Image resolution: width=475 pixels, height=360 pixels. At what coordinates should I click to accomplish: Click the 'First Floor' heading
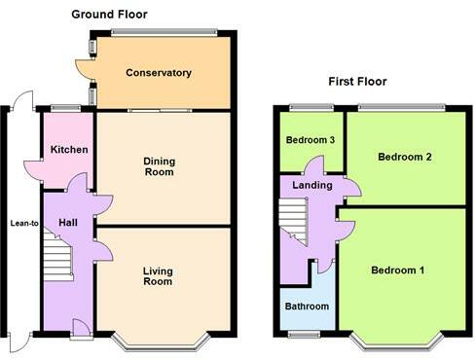click(x=359, y=82)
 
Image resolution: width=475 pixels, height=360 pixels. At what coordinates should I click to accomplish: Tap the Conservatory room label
click(x=159, y=73)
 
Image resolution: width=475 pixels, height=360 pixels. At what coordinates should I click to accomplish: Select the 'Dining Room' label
click(x=159, y=166)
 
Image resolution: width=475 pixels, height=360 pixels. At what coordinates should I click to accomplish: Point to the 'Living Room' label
click(x=158, y=276)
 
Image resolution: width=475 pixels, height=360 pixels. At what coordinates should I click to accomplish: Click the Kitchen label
click(x=69, y=150)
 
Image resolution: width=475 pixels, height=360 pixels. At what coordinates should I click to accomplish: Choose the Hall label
click(x=68, y=223)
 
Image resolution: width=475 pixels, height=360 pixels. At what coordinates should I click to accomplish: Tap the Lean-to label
click(x=24, y=223)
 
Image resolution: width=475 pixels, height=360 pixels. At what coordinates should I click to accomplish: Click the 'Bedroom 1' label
click(x=397, y=270)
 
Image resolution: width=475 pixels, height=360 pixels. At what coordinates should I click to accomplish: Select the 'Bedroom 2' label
click(x=405, y=157)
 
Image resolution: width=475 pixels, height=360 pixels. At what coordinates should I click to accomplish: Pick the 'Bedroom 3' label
click(x=311, y=140)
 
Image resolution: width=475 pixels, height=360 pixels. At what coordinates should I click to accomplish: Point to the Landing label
click(x=312, y=185)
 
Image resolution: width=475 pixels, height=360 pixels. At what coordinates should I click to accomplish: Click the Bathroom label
click(x=307, y=306)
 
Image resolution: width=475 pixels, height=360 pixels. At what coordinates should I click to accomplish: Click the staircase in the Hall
click(x=57, y=260)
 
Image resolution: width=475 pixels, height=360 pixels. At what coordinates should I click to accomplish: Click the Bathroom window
click(x=305, y=335)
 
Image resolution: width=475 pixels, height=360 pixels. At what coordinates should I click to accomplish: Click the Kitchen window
click(x=66, y=107)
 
